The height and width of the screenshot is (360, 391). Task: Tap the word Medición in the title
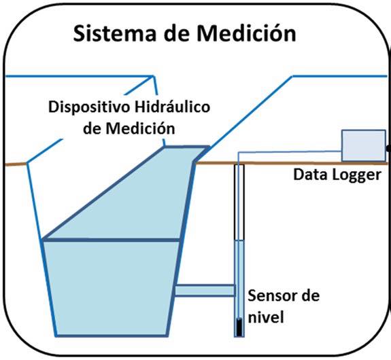click(x=246, y=33)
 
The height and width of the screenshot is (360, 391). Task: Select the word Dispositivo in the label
click(x=89, y=107)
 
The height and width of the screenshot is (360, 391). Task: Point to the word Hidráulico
click(x=172, y=107)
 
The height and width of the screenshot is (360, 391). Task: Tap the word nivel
click(x=266, y=317)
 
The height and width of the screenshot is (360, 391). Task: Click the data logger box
click(x=364, y=145)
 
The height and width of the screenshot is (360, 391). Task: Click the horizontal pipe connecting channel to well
click(x=205, y=291)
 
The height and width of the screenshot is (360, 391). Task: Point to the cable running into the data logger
click(x=289, y=151)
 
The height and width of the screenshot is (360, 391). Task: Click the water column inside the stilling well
click(x=239, y=289)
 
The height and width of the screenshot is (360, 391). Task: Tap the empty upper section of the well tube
click(x=239, y=202)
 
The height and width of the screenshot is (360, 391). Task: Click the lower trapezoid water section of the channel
click(x=112, y=289)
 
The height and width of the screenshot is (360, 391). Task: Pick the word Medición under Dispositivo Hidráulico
click(x=140, y=128)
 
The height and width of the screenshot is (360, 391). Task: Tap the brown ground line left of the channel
click(x=16, y=164)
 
